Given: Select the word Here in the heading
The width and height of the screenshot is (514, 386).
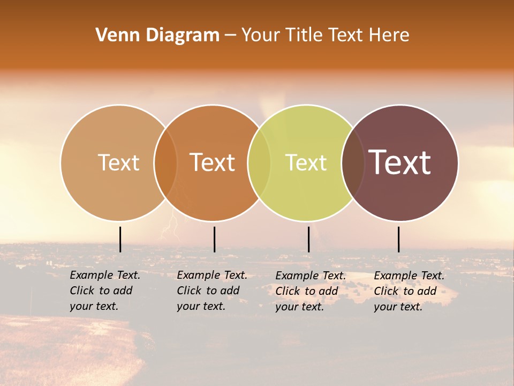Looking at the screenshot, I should tap(390, 35).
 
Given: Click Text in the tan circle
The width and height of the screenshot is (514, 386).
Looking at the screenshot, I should tap(118, 162).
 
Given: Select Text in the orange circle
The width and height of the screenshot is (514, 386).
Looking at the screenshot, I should tap(213, 162).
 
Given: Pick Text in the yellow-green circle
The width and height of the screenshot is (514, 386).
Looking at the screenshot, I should tap(306, 162).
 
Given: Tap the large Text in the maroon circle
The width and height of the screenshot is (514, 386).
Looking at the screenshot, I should tap(400, 162).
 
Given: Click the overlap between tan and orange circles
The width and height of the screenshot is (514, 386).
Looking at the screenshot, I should tap(165, 162).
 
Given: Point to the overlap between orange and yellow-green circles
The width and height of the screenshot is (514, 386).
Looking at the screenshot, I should tap(259, 162).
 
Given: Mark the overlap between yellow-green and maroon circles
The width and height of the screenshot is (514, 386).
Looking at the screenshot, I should tap(353, 162).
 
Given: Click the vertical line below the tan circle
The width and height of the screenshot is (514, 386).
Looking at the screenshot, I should tap(120, 239).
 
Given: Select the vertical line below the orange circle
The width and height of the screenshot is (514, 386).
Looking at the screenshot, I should tap(214, 239).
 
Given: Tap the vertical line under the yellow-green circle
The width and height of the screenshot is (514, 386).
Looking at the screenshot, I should tap(308, 239).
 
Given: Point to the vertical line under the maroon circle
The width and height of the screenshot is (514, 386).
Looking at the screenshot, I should tap(399, 239).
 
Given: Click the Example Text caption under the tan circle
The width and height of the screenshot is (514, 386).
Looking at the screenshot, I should tap(104, 291).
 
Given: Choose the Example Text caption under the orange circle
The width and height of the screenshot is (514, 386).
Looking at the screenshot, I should tap(211, 291).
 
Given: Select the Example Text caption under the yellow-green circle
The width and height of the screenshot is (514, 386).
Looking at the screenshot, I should tap(310, 291).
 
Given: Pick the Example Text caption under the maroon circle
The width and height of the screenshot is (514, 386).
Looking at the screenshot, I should tap(409, 291).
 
